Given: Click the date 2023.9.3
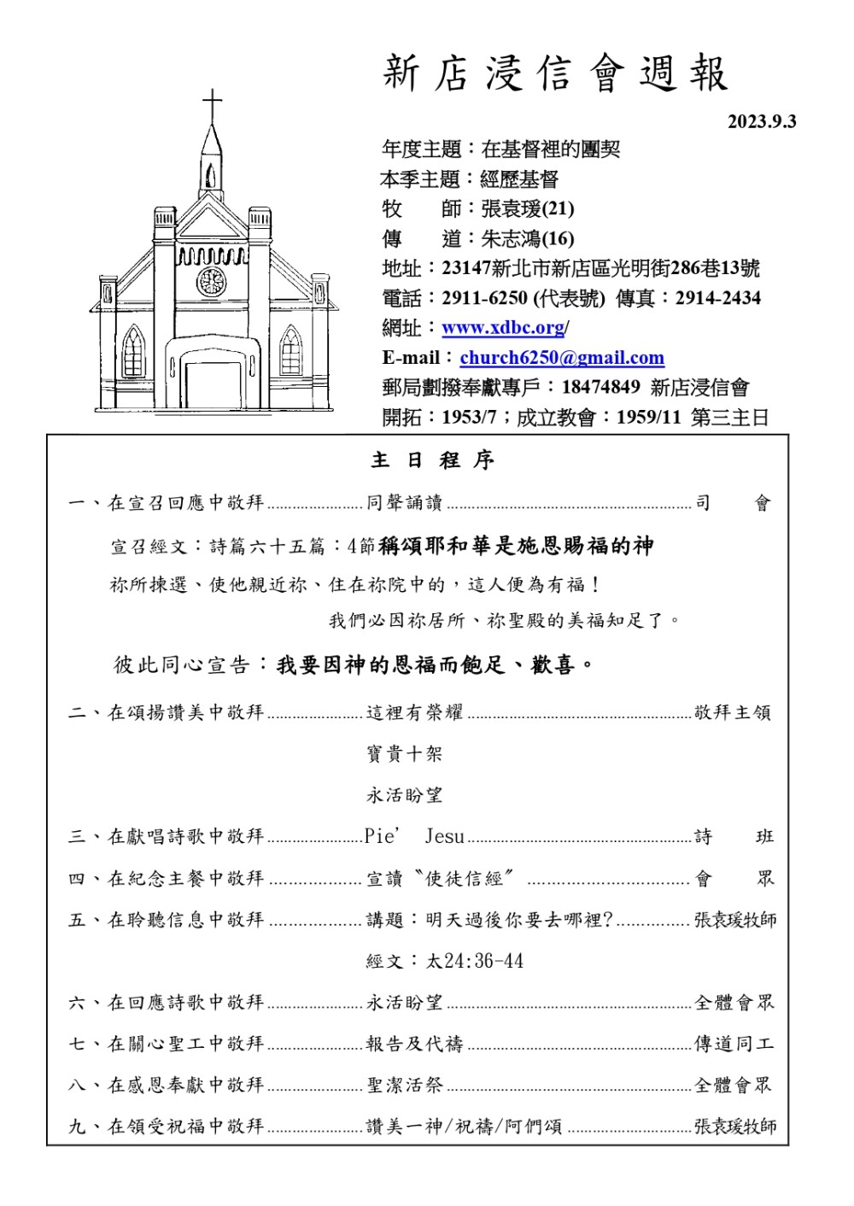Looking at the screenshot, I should (761, 121).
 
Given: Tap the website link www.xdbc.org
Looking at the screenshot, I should (503, 328).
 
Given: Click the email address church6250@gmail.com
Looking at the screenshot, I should (561, 358).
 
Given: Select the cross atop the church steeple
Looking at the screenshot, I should (212, 106).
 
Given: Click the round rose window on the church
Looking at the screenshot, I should (211, 281).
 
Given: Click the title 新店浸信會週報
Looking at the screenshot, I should (555, 73).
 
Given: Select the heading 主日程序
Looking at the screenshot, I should (432, 460).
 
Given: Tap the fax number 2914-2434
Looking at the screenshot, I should (717, 298).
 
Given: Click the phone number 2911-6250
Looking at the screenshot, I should (484, 298).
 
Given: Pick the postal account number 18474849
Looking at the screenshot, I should (600, 388).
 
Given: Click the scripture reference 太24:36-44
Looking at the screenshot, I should (475, 961).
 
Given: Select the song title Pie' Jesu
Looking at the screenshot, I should (414, 836).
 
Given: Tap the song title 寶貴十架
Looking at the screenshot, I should (405, 754).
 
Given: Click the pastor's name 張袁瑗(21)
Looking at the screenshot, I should (527, 208).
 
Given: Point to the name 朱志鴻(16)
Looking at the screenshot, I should (527, 238).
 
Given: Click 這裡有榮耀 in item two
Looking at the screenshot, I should (415, 712).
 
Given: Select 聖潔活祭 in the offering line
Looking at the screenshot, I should (405, 1086).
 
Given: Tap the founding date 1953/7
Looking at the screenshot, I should (469, 418).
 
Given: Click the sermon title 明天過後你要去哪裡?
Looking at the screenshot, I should (519, 920).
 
